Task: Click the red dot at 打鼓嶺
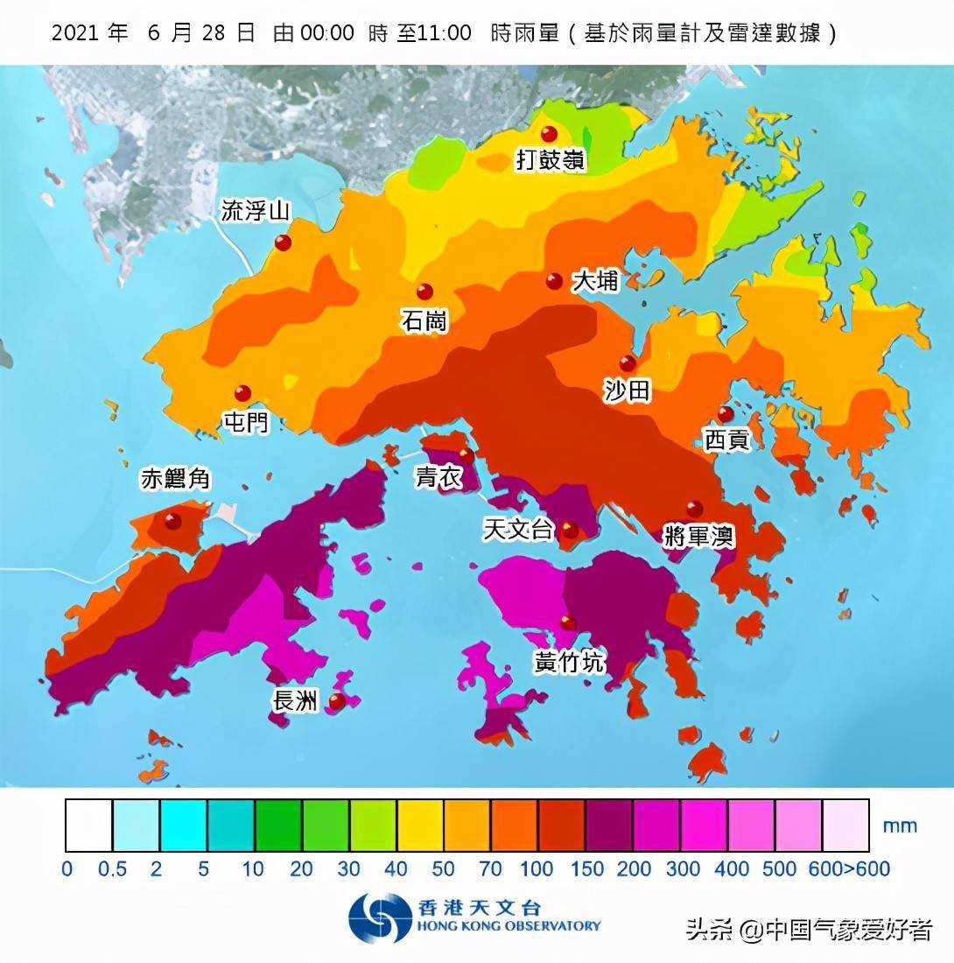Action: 549,134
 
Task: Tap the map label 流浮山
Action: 255,211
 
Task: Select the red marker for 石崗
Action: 424,292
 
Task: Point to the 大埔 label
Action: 595,281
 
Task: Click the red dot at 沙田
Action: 628,363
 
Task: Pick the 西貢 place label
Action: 727,440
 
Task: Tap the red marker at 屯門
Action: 242,394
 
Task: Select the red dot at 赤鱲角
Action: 172,521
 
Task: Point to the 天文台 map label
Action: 519,529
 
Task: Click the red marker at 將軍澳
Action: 694,508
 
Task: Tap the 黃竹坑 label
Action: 569,663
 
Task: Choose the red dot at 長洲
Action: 336,700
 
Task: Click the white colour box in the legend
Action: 89,825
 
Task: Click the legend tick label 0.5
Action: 113,869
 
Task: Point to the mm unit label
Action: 900,826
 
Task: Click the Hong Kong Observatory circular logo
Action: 380,918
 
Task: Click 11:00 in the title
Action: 440,34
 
